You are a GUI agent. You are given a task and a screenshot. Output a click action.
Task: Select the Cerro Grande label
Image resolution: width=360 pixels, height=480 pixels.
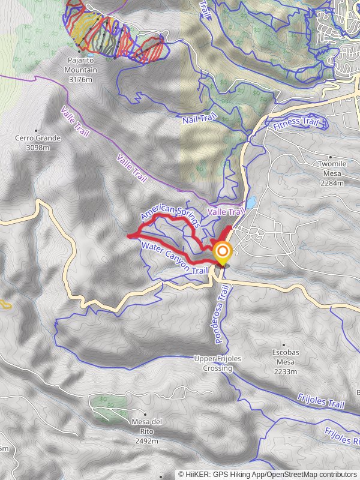click(38, 139)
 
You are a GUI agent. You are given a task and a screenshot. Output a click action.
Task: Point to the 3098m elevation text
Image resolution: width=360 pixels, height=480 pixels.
click(38, 147)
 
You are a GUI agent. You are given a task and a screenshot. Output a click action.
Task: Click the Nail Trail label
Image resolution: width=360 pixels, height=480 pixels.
click(199, 120)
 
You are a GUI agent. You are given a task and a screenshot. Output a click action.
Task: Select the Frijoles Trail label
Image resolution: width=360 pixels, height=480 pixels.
click(320, 401)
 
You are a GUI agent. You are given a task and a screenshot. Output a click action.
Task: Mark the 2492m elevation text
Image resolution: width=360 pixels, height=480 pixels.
click(146, 441)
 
